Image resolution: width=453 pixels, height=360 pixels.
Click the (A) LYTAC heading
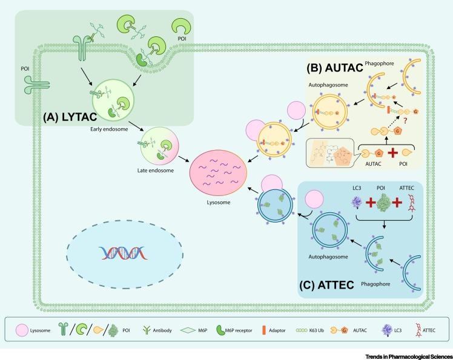70,117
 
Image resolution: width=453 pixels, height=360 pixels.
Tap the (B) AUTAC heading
335,68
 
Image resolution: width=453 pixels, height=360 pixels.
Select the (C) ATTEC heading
327,285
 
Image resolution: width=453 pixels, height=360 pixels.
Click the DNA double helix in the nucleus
124,253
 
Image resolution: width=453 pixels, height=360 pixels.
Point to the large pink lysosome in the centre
219,172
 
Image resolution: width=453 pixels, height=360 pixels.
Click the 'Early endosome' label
109,129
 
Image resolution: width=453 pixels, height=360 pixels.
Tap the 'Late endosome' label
156,171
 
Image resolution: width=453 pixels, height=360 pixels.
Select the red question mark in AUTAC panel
405,120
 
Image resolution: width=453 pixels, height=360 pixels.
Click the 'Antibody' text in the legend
162,330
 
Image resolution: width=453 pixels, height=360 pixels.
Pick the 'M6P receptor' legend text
239,330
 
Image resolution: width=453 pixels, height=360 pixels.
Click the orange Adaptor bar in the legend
264,330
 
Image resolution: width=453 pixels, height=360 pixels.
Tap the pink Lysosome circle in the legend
21,330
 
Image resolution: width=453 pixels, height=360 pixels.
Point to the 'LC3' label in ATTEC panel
357,188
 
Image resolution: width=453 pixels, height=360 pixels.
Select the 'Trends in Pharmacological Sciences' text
409,357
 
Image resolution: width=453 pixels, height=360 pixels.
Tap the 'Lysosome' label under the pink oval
219,202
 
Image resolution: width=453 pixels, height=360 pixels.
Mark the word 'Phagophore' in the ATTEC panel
375,284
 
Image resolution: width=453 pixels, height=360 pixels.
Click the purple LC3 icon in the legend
387,330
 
